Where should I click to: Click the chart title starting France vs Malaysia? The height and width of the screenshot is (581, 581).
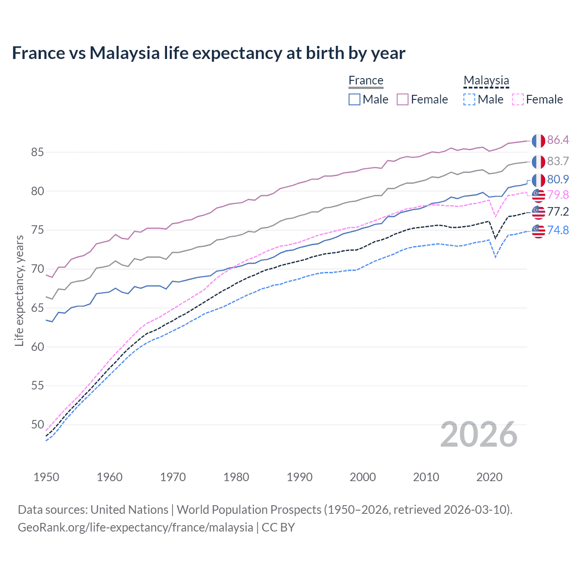(208, 53)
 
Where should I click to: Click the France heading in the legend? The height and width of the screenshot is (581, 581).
(366, 80)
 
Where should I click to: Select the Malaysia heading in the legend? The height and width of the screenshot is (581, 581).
(486, 80)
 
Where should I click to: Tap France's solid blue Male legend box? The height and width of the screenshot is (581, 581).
(355, 99)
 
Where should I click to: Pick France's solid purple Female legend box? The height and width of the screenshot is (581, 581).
(403, 99)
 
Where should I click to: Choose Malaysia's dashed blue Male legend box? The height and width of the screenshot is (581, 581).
(469, 99)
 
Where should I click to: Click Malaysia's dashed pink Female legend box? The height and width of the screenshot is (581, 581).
(517, 99)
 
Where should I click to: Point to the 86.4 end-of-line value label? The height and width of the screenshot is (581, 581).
(558, 140)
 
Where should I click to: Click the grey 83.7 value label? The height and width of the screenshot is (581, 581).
(558, 161)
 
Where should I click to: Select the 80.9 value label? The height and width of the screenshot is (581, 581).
(558, 179)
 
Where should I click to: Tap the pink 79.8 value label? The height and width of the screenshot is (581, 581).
(558, 195)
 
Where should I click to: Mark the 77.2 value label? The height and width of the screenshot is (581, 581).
(558, 212)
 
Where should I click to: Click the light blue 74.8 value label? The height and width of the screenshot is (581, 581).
(558, 230)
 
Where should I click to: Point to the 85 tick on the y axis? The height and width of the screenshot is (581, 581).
(37, 152)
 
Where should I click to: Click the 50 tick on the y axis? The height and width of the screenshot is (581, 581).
(37, 424)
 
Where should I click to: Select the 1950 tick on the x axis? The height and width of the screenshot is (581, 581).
(46, 477)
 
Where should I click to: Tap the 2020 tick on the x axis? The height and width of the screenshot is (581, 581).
(489, 477)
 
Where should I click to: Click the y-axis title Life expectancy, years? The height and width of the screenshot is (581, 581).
(19, 290)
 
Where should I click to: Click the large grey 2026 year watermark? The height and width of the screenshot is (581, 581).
(478, 435)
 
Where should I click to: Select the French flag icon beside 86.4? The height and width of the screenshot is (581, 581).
(538, 141)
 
